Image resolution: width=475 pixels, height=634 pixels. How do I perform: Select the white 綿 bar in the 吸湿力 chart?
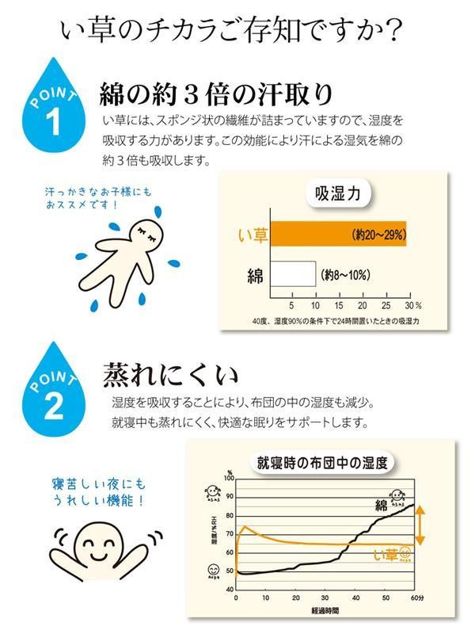click(294, 275)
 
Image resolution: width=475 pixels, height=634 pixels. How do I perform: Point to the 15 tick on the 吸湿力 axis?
click(339, 305)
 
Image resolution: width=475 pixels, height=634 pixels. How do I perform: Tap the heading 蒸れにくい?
click(169, 373)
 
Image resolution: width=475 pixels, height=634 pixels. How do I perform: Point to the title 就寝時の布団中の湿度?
click(326, 462)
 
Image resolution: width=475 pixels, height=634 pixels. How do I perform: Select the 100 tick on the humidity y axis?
click(229, 478)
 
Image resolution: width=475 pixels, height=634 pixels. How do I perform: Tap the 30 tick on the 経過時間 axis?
click(325, 597)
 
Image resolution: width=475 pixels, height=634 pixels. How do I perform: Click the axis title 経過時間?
click(325, 613)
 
